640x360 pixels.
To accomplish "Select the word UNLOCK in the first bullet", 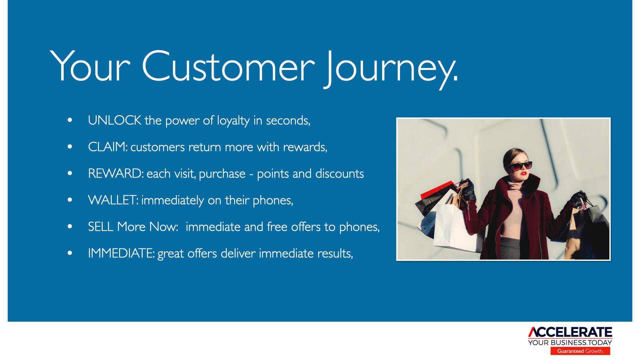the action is click(x=114, y=120).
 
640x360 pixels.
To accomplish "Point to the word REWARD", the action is click(x=116, y=174).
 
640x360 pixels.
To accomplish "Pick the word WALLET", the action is click(x=113, y=200).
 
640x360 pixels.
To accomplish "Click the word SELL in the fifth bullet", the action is click(x=100, y=227).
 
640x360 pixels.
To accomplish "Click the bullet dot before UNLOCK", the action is click(x=70, y=120).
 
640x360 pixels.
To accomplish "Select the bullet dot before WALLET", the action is click(x=70, y=200).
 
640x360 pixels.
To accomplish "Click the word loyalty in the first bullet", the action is click(x=233, y=121).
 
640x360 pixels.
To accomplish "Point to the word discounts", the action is click(x=339, y=174).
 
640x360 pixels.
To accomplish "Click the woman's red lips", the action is click(x=523, y=173).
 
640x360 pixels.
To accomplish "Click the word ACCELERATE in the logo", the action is click(x=570, y=332).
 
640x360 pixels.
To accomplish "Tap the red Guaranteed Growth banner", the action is click(x=580, y=351).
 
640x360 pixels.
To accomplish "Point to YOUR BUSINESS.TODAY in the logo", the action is click(x=570, y=343).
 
